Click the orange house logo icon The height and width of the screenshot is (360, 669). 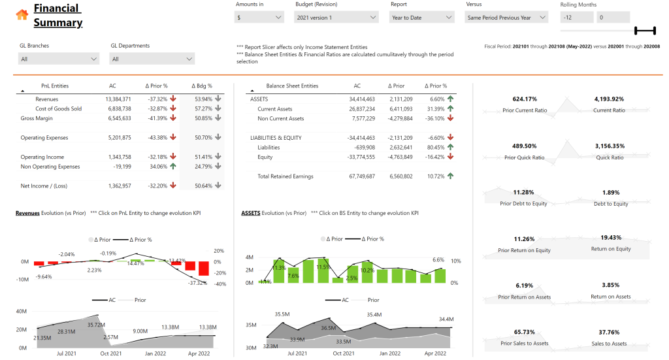(22, 15)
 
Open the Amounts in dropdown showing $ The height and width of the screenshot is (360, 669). (259, 18)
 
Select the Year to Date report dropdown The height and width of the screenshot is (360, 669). (421, 18)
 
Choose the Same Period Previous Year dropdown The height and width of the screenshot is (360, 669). (506, 18)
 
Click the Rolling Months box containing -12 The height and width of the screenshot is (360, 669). (576, 18)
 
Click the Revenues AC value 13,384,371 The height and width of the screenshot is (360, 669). (118, 99)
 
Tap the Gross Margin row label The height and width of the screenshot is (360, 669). (37, 118)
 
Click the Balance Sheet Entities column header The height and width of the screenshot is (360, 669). (292, 86)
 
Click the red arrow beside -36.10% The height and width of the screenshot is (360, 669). (451, 119)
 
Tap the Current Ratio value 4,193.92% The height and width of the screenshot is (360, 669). (609, 99)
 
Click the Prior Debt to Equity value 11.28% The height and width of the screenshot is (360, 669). (523, 193)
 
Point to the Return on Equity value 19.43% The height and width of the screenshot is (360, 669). (611, 238)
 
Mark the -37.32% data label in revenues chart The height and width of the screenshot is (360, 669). (197, 283)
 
